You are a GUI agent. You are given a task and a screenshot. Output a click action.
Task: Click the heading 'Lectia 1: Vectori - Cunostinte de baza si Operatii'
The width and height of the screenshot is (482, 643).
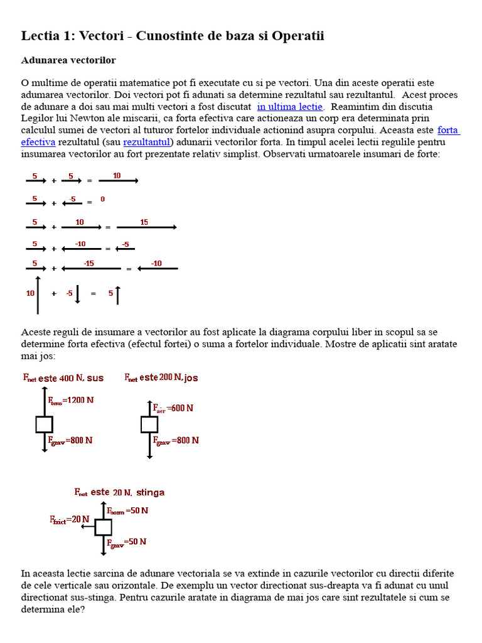(x=173, y=36)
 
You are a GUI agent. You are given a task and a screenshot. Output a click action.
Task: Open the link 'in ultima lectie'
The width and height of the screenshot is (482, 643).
(x=290, y=107)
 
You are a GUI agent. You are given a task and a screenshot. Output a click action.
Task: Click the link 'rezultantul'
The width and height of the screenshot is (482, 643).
(x=147, y=142)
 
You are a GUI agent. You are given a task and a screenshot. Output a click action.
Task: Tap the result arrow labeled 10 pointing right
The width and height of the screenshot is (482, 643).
(x=118, y=180)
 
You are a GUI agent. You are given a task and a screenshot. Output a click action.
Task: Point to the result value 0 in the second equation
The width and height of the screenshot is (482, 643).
(x=102, y=200)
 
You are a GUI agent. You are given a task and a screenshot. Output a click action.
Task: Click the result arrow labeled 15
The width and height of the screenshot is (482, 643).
(x=146, y=227)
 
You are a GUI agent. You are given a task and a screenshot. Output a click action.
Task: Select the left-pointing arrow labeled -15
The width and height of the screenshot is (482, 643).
(x=91, y=268)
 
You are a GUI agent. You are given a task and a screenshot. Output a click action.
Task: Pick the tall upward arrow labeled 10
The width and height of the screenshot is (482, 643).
(x=38, y=294)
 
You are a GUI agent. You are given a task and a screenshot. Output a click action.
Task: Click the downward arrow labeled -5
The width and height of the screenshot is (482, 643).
(x=77, y=293)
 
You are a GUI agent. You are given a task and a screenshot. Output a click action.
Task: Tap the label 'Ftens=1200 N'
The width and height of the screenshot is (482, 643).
(x=72, y=399)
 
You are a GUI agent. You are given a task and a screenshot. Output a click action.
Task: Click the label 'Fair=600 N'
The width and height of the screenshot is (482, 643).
(x=173, y=408)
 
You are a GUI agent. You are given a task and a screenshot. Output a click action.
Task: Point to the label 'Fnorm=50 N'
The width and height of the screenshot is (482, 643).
(x=128, y=511)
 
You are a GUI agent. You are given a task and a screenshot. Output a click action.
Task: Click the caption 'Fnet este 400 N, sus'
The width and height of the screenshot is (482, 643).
(x=63, y=378)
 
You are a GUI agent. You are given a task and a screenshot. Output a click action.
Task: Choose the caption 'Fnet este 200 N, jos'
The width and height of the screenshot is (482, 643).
(x=161, y=377)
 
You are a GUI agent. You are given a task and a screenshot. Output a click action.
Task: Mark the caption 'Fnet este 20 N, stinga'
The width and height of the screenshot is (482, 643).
(x=119, y=492)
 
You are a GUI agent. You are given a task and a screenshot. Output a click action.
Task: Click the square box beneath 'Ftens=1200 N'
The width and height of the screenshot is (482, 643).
(x=45, y=424)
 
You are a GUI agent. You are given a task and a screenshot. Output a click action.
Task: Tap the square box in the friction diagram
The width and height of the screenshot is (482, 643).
(x=104, y=527)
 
